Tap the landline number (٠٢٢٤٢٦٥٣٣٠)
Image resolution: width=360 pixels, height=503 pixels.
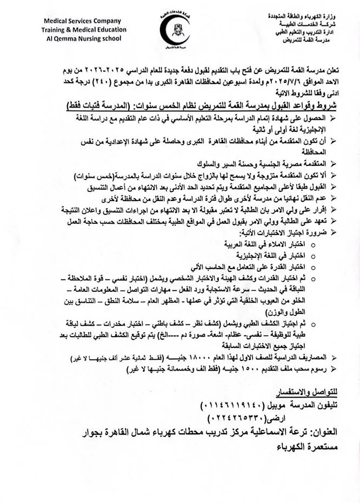coord(241,418)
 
